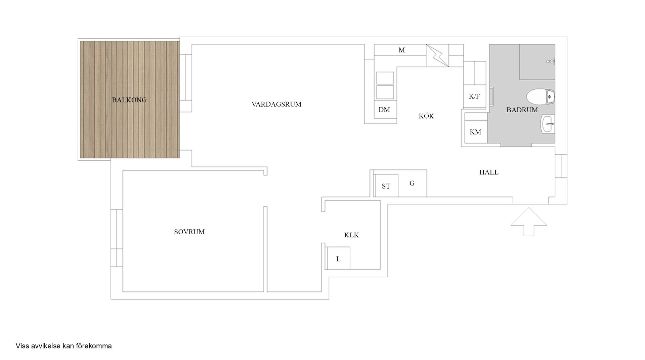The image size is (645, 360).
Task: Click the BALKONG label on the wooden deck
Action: click(x=129, y=100)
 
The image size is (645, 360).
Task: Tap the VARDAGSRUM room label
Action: click(x=276, y=104)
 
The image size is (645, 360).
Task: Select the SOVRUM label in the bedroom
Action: click(x=189, y=232)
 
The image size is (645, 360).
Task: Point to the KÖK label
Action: click(x=426, y=116)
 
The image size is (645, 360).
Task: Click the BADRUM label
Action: click(x=522, y=110)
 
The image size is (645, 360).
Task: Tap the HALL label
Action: click(x=489, y=172)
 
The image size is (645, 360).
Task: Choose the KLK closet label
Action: click(x=351, y=235)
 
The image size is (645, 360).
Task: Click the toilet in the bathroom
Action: click(x=540, y=97)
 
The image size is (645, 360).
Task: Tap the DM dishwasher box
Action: click(x=384, y=110)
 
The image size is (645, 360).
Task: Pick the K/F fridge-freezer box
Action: click(x=474, y=96)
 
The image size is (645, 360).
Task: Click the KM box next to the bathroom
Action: click(x=475, y=132)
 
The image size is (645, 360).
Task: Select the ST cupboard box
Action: click(x=386, y=186)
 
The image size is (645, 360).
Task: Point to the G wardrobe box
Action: click(x=412, y=183)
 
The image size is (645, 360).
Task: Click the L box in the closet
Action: click(x=338, y=258)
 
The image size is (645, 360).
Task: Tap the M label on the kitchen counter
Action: click(x=401, y=50)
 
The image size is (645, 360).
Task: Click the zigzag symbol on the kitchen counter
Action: click(x=437, y=56)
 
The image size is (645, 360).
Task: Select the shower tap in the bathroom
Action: click(x=551, y=61)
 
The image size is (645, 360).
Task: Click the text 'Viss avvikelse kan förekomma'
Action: click(x=63, y=346)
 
